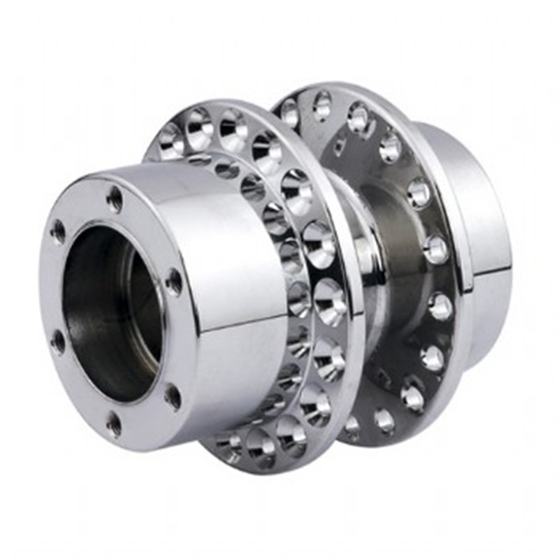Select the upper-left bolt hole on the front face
click(x=57, y=230)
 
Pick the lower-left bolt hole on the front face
click(x=58, y=342)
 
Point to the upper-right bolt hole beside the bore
click(x=173, y=281)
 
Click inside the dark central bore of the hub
click(x=105, y=307)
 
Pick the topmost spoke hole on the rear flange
click(x=322, y=105)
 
